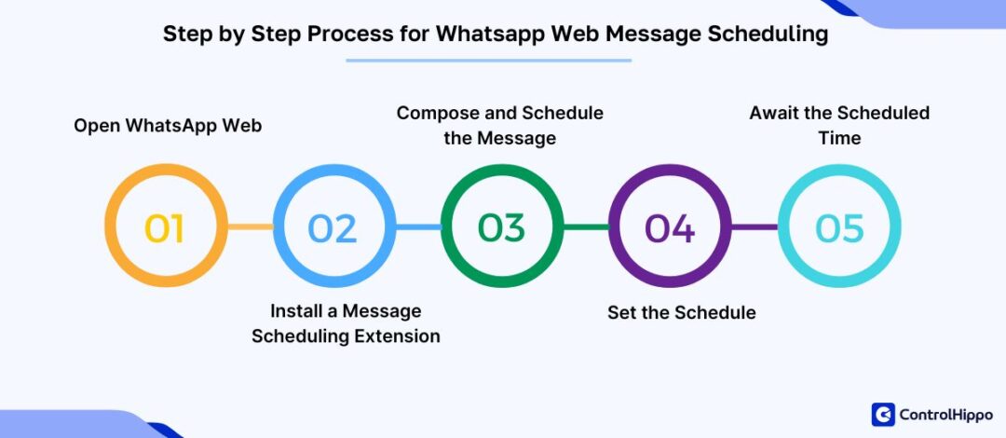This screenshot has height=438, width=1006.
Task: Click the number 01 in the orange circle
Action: tap(165, 227)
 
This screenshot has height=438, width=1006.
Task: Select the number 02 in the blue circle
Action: tap(333, 227)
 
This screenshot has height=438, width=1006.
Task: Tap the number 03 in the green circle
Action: tap(502, 227)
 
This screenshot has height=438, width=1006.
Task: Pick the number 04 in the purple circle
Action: tap(670, 227)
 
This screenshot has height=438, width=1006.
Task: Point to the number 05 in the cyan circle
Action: tap(839, 227)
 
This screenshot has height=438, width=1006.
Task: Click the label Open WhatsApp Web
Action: tap(168, 125)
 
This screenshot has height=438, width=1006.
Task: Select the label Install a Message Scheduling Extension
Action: tap(346, 322)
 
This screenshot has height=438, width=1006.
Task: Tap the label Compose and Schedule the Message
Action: tap(500, 125)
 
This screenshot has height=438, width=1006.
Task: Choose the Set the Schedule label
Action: tap(681, 312)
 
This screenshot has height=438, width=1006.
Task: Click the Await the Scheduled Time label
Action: tap(839, 125)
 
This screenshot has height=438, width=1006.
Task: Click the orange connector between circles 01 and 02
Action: tap(250, 226)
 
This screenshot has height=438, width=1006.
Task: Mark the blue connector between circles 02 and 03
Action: tap(418, 226)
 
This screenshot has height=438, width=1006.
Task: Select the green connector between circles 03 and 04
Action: tap(586, 226)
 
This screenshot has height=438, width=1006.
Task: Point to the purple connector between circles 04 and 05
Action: tap(754, 226)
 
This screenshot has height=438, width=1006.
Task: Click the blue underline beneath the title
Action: tap(489, 61)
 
